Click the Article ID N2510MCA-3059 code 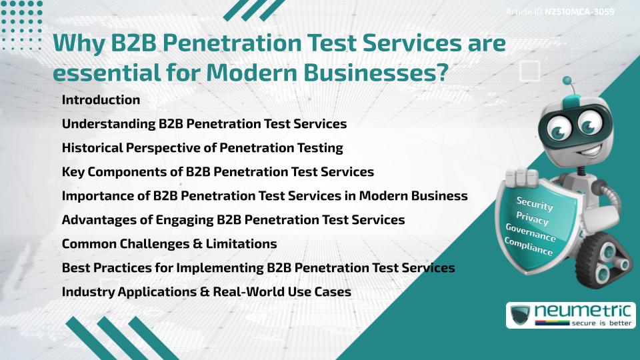click(x=579, y=12)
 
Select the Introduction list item click(x=101, y=100)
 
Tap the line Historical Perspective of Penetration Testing click(x=202, y=148)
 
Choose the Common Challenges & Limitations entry click(x=169, y=244)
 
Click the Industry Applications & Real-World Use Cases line click(x=206, y=292)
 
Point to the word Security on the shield click(x=535, y=204)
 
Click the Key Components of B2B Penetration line click(x=217, y=172)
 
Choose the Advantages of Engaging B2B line click(x=233, y=220)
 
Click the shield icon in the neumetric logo click(x=520, y=315)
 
